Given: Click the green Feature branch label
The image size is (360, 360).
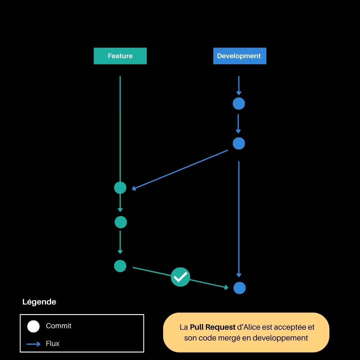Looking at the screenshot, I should point(120,56).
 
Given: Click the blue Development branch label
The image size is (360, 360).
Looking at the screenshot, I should point(239,56).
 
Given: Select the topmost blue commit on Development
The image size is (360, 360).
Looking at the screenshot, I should point(239,103).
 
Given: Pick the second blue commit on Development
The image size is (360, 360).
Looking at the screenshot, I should point(239,143).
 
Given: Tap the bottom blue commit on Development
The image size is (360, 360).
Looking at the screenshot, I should point(239,288).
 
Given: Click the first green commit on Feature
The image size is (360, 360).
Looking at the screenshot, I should point(120,188).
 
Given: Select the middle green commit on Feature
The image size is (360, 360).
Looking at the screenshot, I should point(121,222).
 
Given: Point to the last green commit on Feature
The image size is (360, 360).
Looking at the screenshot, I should point(120,266).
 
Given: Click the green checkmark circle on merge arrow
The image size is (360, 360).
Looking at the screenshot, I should point(180,277).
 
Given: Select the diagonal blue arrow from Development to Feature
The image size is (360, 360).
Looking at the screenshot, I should point(180,170).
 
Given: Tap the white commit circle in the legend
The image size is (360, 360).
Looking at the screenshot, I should point(33,326).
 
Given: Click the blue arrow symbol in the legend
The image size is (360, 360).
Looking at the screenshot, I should point(33,344).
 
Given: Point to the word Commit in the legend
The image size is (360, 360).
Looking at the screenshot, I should point(58,326).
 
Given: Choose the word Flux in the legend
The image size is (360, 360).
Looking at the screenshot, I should point(52,343).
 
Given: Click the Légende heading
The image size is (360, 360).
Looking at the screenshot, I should point(39,302).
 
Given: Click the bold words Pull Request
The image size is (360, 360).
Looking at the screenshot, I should point(213,327).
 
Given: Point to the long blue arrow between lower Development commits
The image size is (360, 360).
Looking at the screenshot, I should point(239,219).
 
